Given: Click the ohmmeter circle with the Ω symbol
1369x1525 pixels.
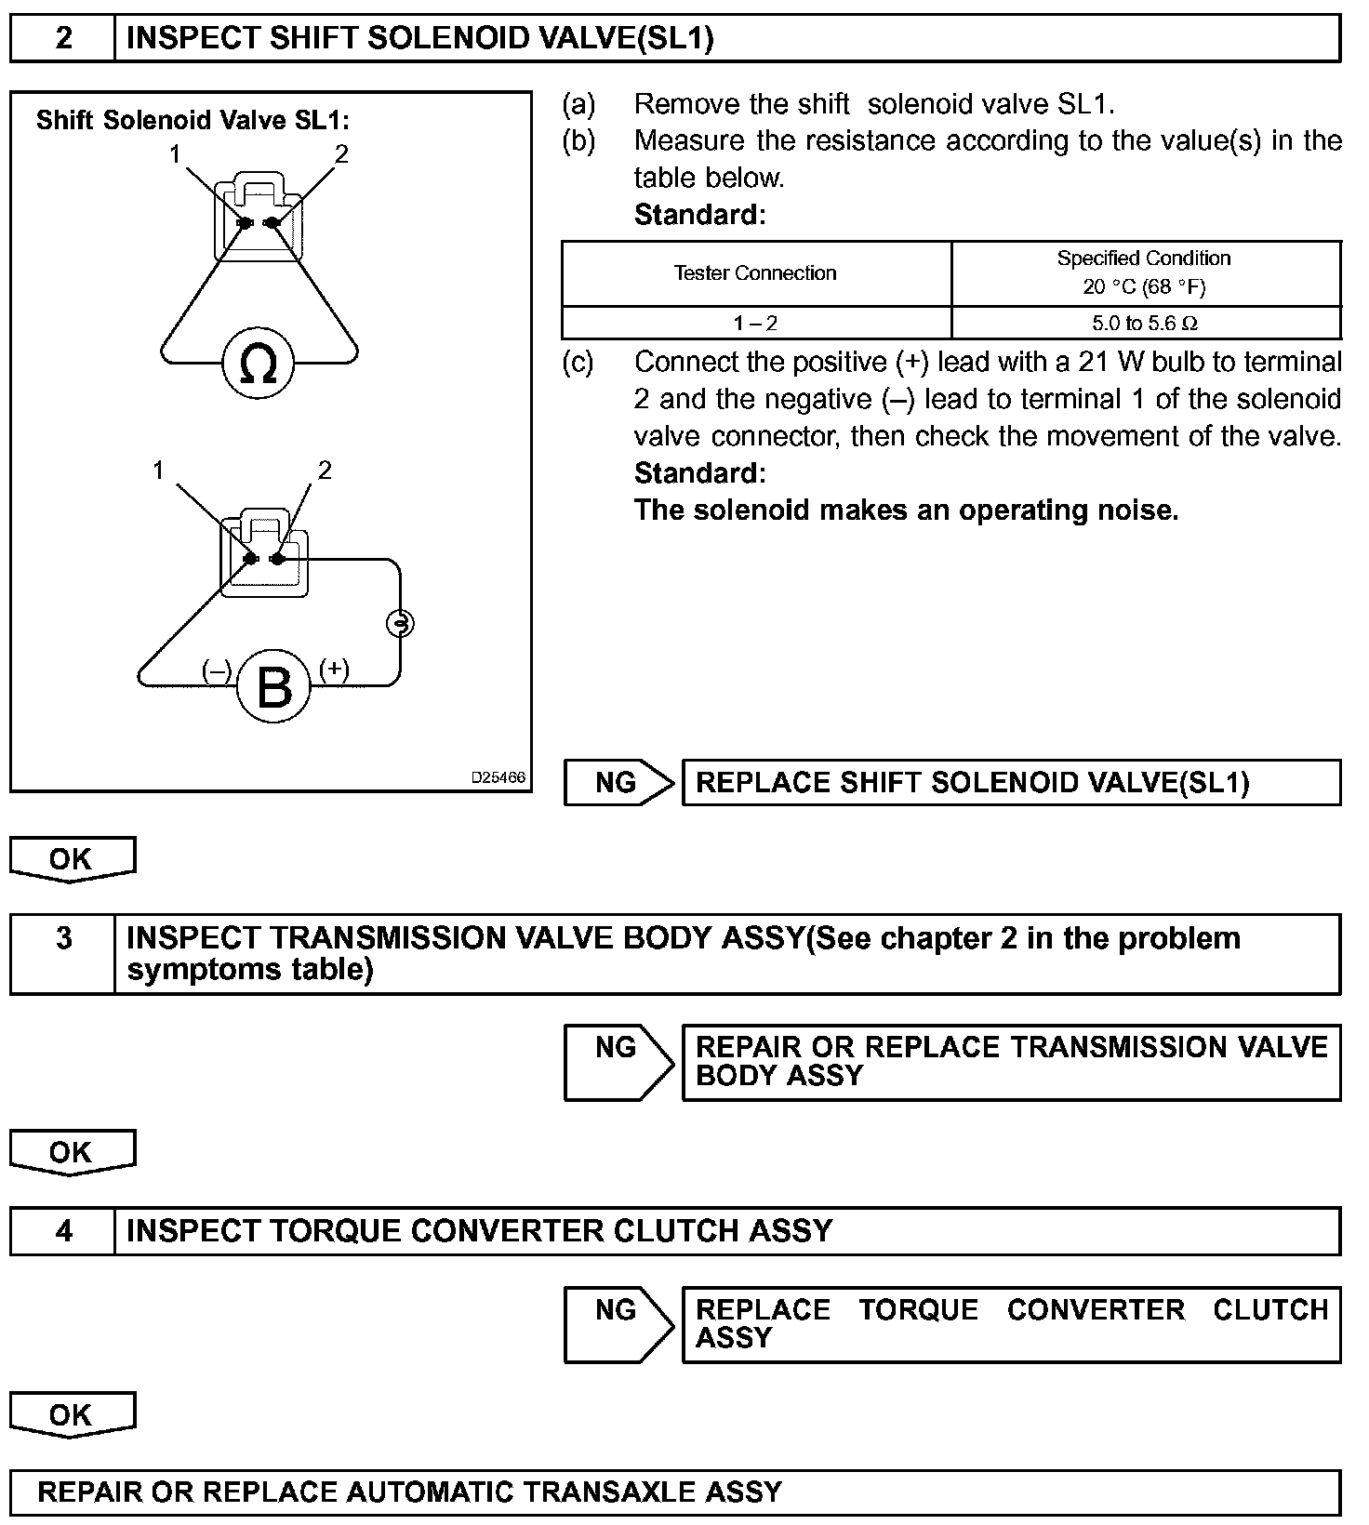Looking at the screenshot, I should coord(258,364).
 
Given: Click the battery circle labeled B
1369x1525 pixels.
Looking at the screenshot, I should coord(273,688).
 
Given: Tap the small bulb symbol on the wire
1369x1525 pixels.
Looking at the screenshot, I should coord(400,623).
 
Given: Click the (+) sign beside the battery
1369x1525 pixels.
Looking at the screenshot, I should coord(334,669).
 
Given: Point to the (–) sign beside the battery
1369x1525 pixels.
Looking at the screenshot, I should coord(217,670).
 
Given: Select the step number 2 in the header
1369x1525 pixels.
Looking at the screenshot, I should coord(63,38).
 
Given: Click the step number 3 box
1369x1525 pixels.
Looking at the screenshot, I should coord(63,938).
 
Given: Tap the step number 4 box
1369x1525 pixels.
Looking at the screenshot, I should coord(63,1231).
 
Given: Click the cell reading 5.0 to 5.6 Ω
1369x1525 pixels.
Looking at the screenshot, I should coord(1145,324).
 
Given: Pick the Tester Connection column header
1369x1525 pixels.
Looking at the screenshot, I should coord(755,273).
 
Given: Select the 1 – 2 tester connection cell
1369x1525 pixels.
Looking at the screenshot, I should coord(755,324).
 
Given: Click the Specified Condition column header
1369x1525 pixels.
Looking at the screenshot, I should coord(1144,272).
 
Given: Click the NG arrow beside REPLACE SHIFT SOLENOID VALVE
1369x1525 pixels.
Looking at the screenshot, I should coord(618,783).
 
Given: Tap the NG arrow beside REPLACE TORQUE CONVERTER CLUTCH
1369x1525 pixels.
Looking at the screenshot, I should coord(618,1324).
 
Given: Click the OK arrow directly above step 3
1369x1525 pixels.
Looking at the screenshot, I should coord(72,859).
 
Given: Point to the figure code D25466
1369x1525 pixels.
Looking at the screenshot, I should coord(498,777).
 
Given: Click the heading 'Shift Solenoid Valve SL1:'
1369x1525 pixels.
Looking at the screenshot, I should coord(193,120).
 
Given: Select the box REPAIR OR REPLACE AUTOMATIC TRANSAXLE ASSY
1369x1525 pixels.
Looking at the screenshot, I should coord(675,1492).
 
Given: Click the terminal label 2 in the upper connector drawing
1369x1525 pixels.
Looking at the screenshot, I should coord(341,154).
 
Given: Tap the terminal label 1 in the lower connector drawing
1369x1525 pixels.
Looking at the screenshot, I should coord(159,471).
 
